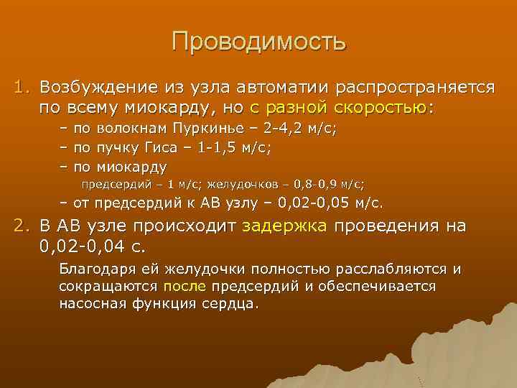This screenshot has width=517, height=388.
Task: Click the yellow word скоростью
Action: [381, 108]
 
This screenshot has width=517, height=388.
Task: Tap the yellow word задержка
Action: [285, 227]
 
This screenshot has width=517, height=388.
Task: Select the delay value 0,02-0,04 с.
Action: [92, 247]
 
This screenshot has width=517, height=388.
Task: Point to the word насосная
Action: [90, 302]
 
